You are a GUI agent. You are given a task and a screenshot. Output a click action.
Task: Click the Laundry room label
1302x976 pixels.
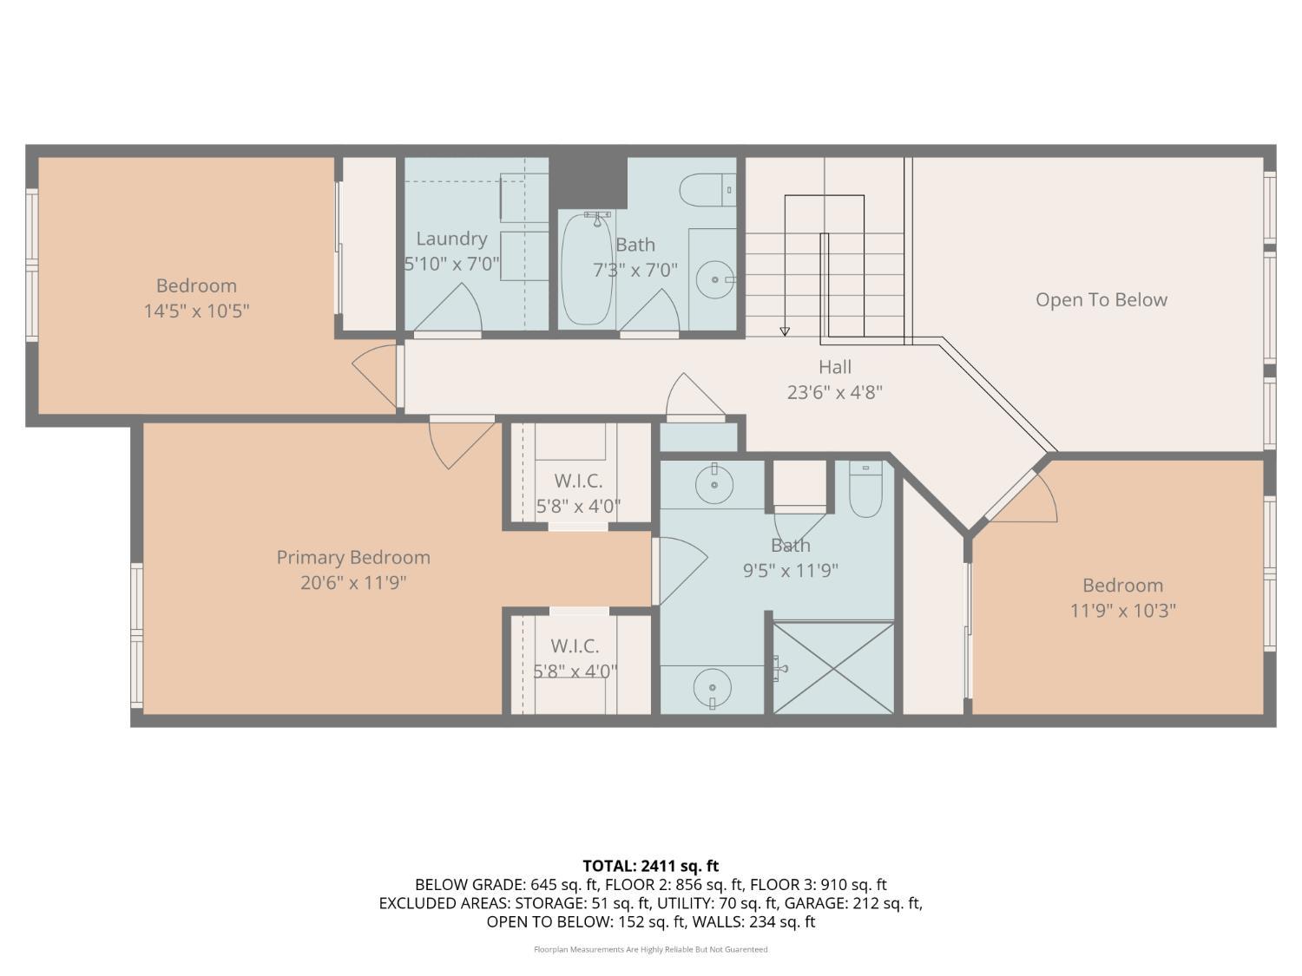point(451,239)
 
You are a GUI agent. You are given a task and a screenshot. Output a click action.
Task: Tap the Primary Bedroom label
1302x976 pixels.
point(353,558)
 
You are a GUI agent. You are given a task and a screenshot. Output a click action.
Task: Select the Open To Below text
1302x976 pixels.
point(1101,300)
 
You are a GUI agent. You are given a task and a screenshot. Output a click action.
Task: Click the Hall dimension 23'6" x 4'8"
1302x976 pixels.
point(834,392)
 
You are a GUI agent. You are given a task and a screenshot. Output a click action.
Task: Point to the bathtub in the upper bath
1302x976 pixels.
point(587,269)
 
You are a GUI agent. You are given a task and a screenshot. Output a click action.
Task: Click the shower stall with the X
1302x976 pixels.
point(833,668)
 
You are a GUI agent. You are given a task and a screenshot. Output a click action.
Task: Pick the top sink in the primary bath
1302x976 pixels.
point(713,484)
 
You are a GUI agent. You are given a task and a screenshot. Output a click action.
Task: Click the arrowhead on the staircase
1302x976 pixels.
point(785,331)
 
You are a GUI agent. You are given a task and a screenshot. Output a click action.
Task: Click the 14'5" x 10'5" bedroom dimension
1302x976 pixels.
point(196,311)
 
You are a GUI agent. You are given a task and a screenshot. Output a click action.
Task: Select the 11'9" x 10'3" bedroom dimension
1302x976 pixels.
point(1122,611)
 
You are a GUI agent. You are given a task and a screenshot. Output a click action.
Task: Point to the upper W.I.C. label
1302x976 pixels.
point(578,481)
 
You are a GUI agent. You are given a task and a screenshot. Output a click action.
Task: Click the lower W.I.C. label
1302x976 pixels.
point(575,646)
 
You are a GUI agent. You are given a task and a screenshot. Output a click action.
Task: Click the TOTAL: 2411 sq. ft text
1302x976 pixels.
point(650,866)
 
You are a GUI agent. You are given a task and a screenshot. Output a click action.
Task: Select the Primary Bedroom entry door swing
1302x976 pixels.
point(458,442)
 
